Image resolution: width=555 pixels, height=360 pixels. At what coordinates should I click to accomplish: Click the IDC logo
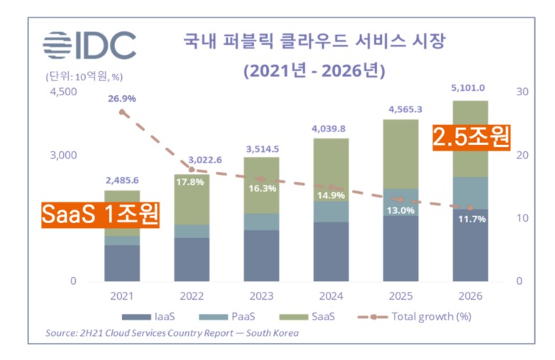[x=89, y=45]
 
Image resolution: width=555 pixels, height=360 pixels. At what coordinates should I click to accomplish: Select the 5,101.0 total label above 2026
[x=470, y=88]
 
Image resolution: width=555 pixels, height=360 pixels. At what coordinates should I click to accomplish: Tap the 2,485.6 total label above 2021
[x=121, y=180]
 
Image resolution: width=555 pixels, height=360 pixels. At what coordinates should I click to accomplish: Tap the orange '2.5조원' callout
[x=471, y=136]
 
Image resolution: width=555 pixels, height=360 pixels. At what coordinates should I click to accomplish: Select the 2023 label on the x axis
[x=260, y=295]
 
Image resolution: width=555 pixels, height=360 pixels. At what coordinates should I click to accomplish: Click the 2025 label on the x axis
[x=400, y=295]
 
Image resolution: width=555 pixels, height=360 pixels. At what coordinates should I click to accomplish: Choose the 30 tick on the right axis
[x=522, y=92]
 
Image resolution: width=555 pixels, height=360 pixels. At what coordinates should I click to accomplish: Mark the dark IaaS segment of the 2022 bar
[x=192, y=259]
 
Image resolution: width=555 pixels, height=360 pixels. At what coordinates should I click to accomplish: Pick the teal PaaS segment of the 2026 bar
[x=470, y=193]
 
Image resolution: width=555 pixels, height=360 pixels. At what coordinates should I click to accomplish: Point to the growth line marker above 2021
[x=122, y=112]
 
